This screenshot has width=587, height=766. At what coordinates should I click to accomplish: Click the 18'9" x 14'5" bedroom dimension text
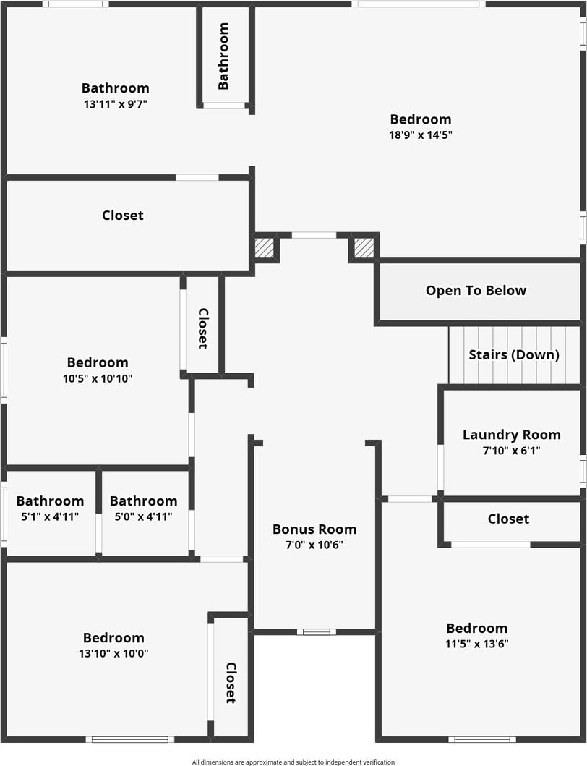pos(420,135)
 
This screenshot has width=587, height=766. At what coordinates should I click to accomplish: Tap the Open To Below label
pos(476,291)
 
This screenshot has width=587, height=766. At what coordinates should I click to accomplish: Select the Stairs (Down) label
pos(513,354)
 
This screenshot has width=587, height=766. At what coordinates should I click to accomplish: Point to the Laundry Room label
pos(511,435)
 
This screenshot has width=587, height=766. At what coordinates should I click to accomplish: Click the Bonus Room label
pos(314,529)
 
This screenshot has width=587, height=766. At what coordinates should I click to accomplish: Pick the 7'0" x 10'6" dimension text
pos(314,545)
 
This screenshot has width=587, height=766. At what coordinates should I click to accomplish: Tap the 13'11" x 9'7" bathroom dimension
pos(116,103)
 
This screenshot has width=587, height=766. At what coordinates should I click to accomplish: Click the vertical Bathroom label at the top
pos(223,56)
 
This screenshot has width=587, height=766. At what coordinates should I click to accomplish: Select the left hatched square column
pos(265,247)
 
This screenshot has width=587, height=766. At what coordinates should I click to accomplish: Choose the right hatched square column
pos(364,247)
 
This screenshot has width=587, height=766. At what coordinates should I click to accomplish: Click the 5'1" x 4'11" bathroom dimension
pos(50,516)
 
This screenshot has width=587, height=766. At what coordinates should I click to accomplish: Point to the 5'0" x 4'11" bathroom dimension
pos(143,516)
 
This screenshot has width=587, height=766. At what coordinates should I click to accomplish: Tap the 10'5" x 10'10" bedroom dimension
pos(98,378)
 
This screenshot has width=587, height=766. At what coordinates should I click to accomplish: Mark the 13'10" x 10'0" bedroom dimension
pos(113,653)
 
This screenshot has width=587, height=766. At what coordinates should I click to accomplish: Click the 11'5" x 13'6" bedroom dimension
pos(476,644)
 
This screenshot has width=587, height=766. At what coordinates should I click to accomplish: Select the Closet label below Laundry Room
pos(508,519)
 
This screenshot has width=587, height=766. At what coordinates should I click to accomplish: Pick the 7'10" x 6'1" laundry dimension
pos(511,450)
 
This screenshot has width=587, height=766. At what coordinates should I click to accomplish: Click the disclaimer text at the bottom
pos(293,762)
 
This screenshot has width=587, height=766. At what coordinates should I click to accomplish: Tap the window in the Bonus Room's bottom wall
pos(316,631)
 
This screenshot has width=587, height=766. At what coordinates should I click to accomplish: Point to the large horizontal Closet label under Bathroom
pos(123,216)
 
